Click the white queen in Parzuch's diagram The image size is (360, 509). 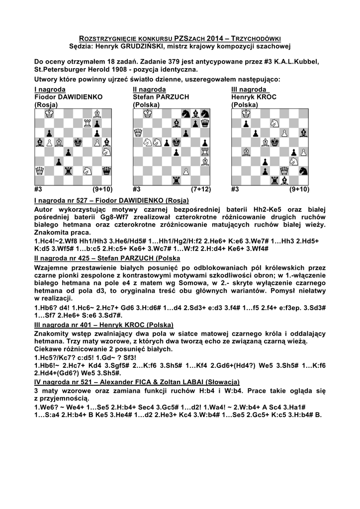click(138, 132)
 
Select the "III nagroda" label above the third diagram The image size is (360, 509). click(250, 89)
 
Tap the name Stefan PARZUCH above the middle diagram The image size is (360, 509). click(154, 97)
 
